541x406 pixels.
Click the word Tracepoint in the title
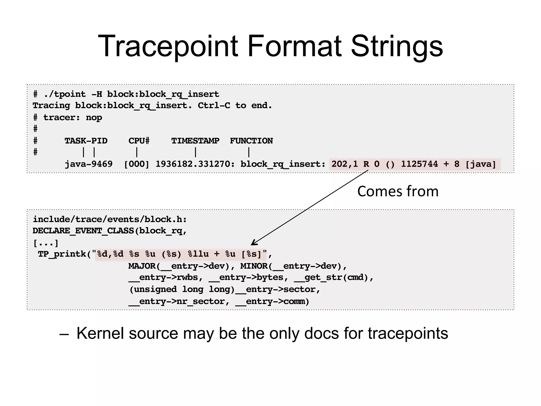pos(168,47)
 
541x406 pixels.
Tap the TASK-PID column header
pos(86,141)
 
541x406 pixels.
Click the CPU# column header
pos(139,141)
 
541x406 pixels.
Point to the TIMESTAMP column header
pos(195,141)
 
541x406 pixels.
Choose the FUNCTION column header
pos(251,141)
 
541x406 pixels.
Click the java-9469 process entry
pos(89,164)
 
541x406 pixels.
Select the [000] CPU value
pos(137,164)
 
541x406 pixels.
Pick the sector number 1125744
pos(419,164)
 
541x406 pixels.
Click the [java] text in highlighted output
pos(481,164)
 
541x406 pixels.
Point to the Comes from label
pos(398,191)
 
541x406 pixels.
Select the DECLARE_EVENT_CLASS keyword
pos(83,231)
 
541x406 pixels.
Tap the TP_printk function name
pos(62,254)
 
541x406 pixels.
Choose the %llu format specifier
pos(198,254)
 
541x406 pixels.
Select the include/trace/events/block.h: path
pos(110,219)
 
